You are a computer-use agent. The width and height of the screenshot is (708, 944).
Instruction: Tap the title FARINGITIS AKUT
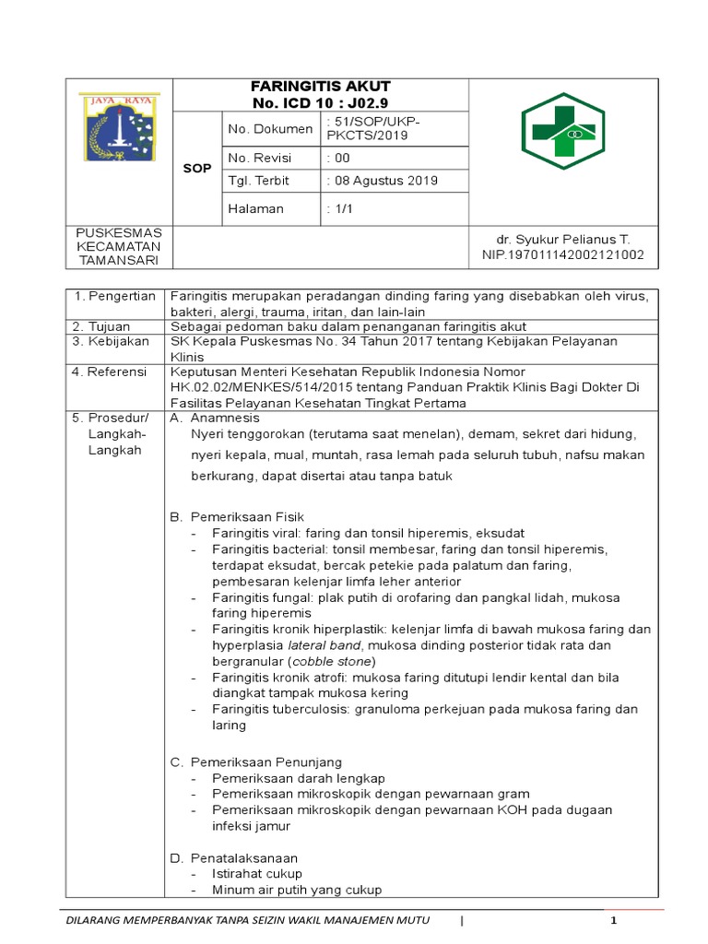(x=321, y=86)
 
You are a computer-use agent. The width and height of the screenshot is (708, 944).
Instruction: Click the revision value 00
(x=342, y=158)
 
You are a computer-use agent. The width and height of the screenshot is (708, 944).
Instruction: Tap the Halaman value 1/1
(x=343, y=208)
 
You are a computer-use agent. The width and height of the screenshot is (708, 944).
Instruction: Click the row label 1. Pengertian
(x=114, y=296)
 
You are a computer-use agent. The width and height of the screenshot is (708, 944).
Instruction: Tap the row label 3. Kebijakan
(x=109, y=341)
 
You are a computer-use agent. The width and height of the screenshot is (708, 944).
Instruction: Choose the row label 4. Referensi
(x=111, y=372)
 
